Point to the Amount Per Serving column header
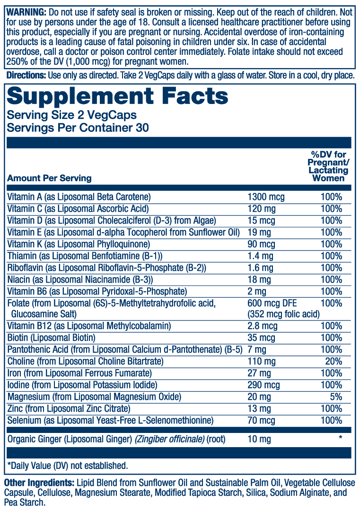pyautogui.click(x=49, y=178)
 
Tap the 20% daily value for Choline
pyautogui.click(x=334, y=361)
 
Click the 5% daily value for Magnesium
pyautogui.click(x=336, y=397)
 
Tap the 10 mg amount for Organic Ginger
pyautogui.click(x=259, y=440)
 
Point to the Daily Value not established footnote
pyautogui.click(x=68, y=466)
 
